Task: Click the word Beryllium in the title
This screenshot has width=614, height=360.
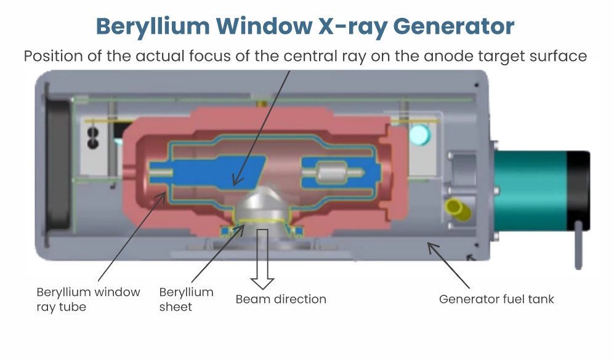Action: click(x=153, y=26)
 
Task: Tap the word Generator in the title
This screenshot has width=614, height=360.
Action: click(x=453, y=26)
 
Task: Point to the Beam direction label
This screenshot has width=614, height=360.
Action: click(x=281, y=299)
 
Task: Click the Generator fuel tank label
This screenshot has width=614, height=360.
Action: click(x=496, y=299)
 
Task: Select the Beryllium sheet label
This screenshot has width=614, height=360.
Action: click(x=187, y=299)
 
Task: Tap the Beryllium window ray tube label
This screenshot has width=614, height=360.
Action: click(x=88, y=299)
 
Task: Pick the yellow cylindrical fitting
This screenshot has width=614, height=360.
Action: click(x=458, y=209)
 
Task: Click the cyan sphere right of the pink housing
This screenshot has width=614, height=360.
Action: click(x=420, y=135)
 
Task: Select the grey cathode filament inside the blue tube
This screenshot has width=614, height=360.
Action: click(x=333, y=172)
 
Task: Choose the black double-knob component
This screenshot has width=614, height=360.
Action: click(x=93, y=138)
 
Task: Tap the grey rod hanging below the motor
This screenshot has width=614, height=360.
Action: click(x=578, y=245)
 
